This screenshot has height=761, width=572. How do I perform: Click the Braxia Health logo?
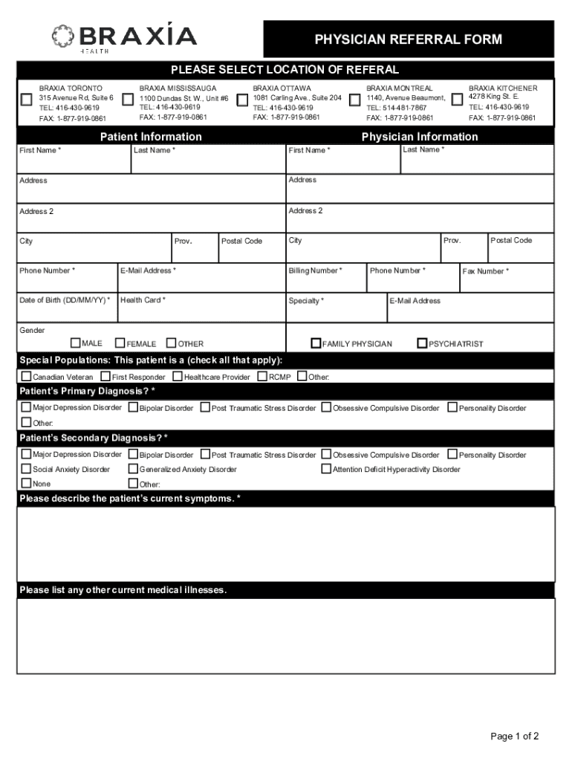[x=123, y=37]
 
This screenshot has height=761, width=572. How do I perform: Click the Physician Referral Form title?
[x=408, y=39]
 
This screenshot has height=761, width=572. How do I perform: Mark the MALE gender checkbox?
[x=75, y=343]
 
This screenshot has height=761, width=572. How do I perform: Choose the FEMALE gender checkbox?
[x=120, y=343]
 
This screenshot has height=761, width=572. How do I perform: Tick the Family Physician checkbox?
[x=316, y=343]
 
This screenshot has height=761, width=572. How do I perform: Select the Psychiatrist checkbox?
[x=422, y=343]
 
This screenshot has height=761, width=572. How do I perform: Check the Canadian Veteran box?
[x=27, y=376]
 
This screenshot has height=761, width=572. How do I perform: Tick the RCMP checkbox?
[x=262, y=376]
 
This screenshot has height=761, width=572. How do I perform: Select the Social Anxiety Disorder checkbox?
[x=27, y=469]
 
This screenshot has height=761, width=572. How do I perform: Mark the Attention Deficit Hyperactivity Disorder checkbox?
[x=326, y=469]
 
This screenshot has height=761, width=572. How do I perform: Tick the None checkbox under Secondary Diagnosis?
[x=27, y=483]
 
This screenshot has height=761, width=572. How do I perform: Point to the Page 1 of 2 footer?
[x=514, y=736]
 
